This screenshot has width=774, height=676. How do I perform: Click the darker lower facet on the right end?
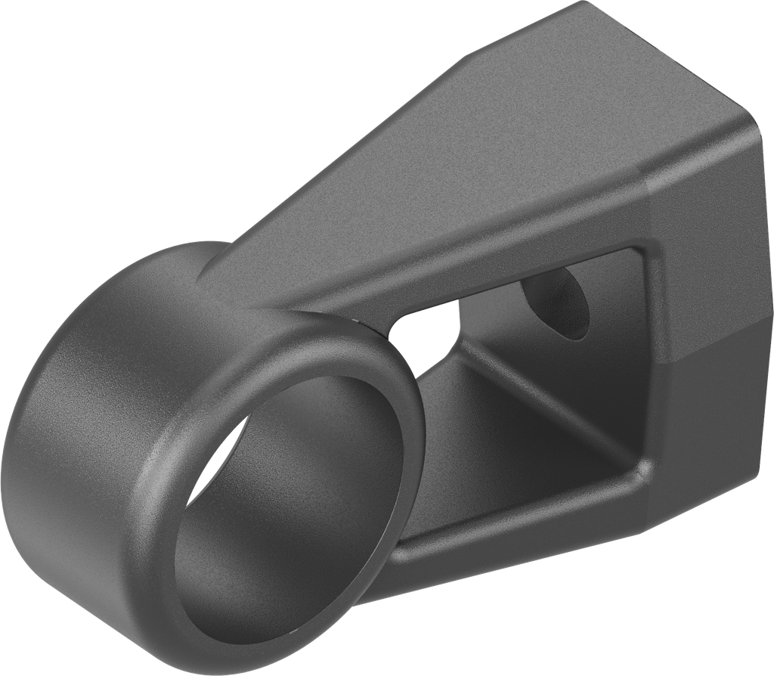(x=718, y=423)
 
